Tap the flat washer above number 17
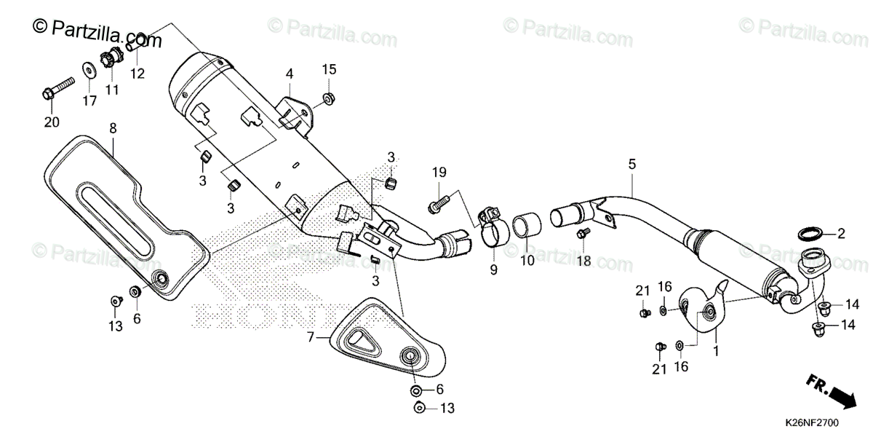tap(89, 71)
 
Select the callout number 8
tap(113, 128)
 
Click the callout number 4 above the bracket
tap(289, 74)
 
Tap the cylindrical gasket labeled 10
tap(527, 226)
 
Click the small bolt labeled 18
tap(583, 234)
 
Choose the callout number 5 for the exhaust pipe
tap(631, 165)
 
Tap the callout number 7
tap(311, 337)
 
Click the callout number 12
tap(137, 73)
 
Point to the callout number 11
tap(111, 90)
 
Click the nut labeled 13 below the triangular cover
tap(419, 408)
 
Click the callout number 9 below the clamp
tap(493, 270)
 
